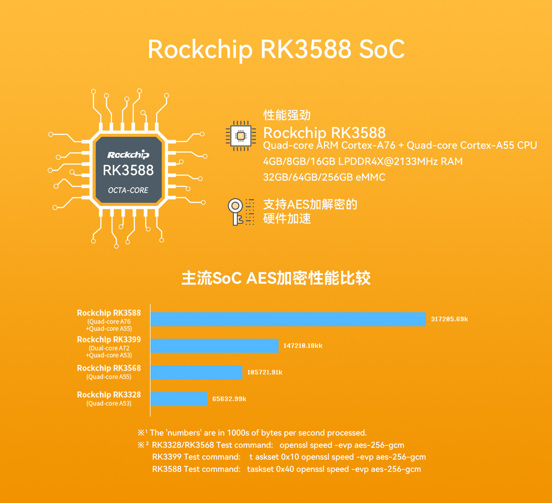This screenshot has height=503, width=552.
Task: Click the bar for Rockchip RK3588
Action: (288, 319)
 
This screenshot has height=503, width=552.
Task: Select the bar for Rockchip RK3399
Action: (214, 346)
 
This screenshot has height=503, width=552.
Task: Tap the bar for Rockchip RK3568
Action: (196, 372)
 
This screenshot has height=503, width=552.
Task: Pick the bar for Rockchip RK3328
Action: (179, 399)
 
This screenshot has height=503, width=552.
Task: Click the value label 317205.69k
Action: (449, 319)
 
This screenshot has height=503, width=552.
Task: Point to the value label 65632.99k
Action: (229, 399)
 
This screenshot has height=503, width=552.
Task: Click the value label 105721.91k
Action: (265, 372)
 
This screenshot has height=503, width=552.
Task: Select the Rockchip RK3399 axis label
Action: (109, 340)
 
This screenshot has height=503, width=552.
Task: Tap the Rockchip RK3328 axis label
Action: (109, 395)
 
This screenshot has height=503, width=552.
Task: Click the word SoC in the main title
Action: (382, 49)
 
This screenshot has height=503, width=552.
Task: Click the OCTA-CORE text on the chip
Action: (128, 190)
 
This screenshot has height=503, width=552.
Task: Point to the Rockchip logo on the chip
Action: (128, 155)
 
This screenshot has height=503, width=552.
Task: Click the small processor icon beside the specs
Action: (241, 136)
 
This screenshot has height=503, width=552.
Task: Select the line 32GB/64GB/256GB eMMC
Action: (324, 177)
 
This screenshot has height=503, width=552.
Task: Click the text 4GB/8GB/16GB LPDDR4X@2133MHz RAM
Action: (363, 161)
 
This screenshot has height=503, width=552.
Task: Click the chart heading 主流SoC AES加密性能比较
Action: (276, 278)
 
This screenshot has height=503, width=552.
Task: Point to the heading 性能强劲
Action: (287, 115)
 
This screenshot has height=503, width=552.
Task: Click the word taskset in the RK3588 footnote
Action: (260, 469)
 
